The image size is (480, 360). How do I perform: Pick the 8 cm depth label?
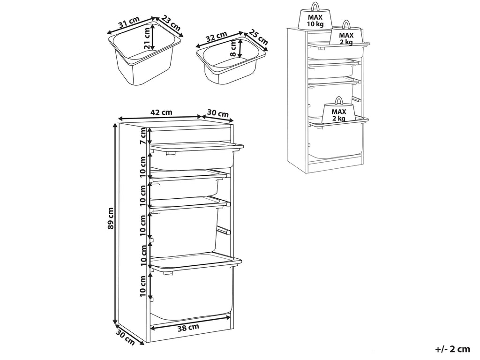(x=233, y=48)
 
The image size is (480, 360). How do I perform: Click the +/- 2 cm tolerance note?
(x=452, y=349)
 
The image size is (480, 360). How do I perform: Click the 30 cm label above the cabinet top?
(x=218, y=113)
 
